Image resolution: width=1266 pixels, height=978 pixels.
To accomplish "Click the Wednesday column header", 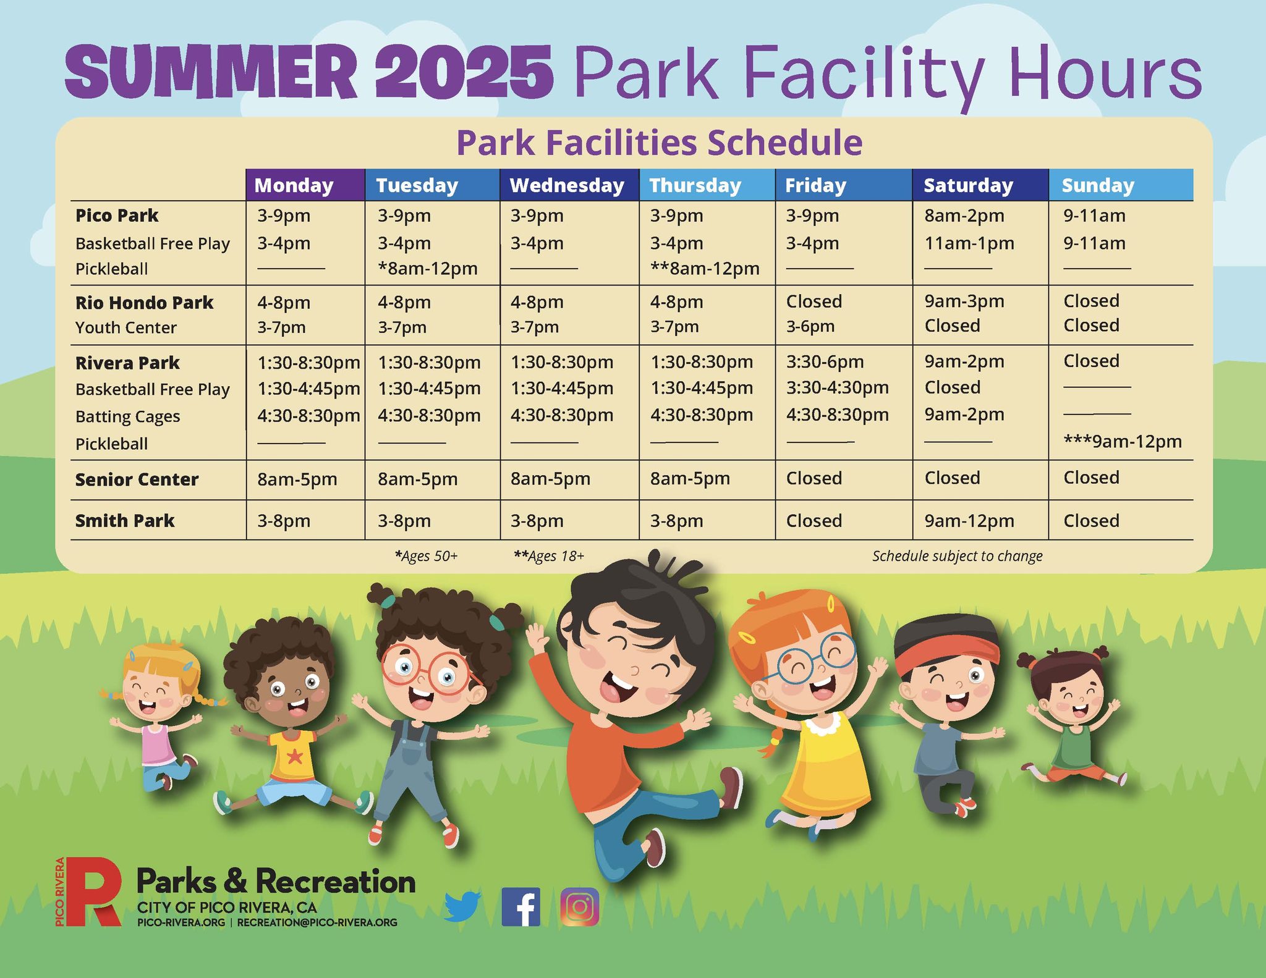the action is click(x=567, y=185).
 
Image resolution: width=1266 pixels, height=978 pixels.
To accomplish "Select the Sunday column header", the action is click(x=1098, y=185).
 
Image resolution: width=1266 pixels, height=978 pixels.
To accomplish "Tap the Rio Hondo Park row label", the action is click(x=144, y=303).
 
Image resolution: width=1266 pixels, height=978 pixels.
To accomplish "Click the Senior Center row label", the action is click(x=137, y=479).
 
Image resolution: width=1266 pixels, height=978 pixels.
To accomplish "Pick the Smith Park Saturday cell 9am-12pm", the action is click(x=969, y=521).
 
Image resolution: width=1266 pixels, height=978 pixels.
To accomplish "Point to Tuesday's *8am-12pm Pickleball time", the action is click(x=428, y=269).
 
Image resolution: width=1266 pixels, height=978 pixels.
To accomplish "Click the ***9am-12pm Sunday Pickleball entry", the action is click(x=1123, y=441).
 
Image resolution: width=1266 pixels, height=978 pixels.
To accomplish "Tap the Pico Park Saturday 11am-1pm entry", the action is click(x=969, y=243).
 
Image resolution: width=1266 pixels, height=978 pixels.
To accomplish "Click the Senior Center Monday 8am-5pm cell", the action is click(x=297, y=479).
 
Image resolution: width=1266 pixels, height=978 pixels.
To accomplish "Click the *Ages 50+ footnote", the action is click(x=426, y=556).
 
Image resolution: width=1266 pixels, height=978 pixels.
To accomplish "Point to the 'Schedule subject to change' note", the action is click(x=958, y=556).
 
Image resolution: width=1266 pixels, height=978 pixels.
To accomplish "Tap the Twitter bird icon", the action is click(x=462, y=906).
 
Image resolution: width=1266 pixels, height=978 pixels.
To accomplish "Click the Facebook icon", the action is click(x=520, y=907).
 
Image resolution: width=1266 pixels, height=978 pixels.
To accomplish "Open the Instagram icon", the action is click(x=580, y=907).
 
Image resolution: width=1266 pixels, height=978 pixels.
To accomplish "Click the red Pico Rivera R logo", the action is click(x=93, y=892).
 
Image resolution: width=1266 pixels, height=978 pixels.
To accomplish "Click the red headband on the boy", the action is click(x=946, y=657).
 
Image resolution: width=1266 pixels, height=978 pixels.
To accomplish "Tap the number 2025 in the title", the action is click(x=464, y=72).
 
